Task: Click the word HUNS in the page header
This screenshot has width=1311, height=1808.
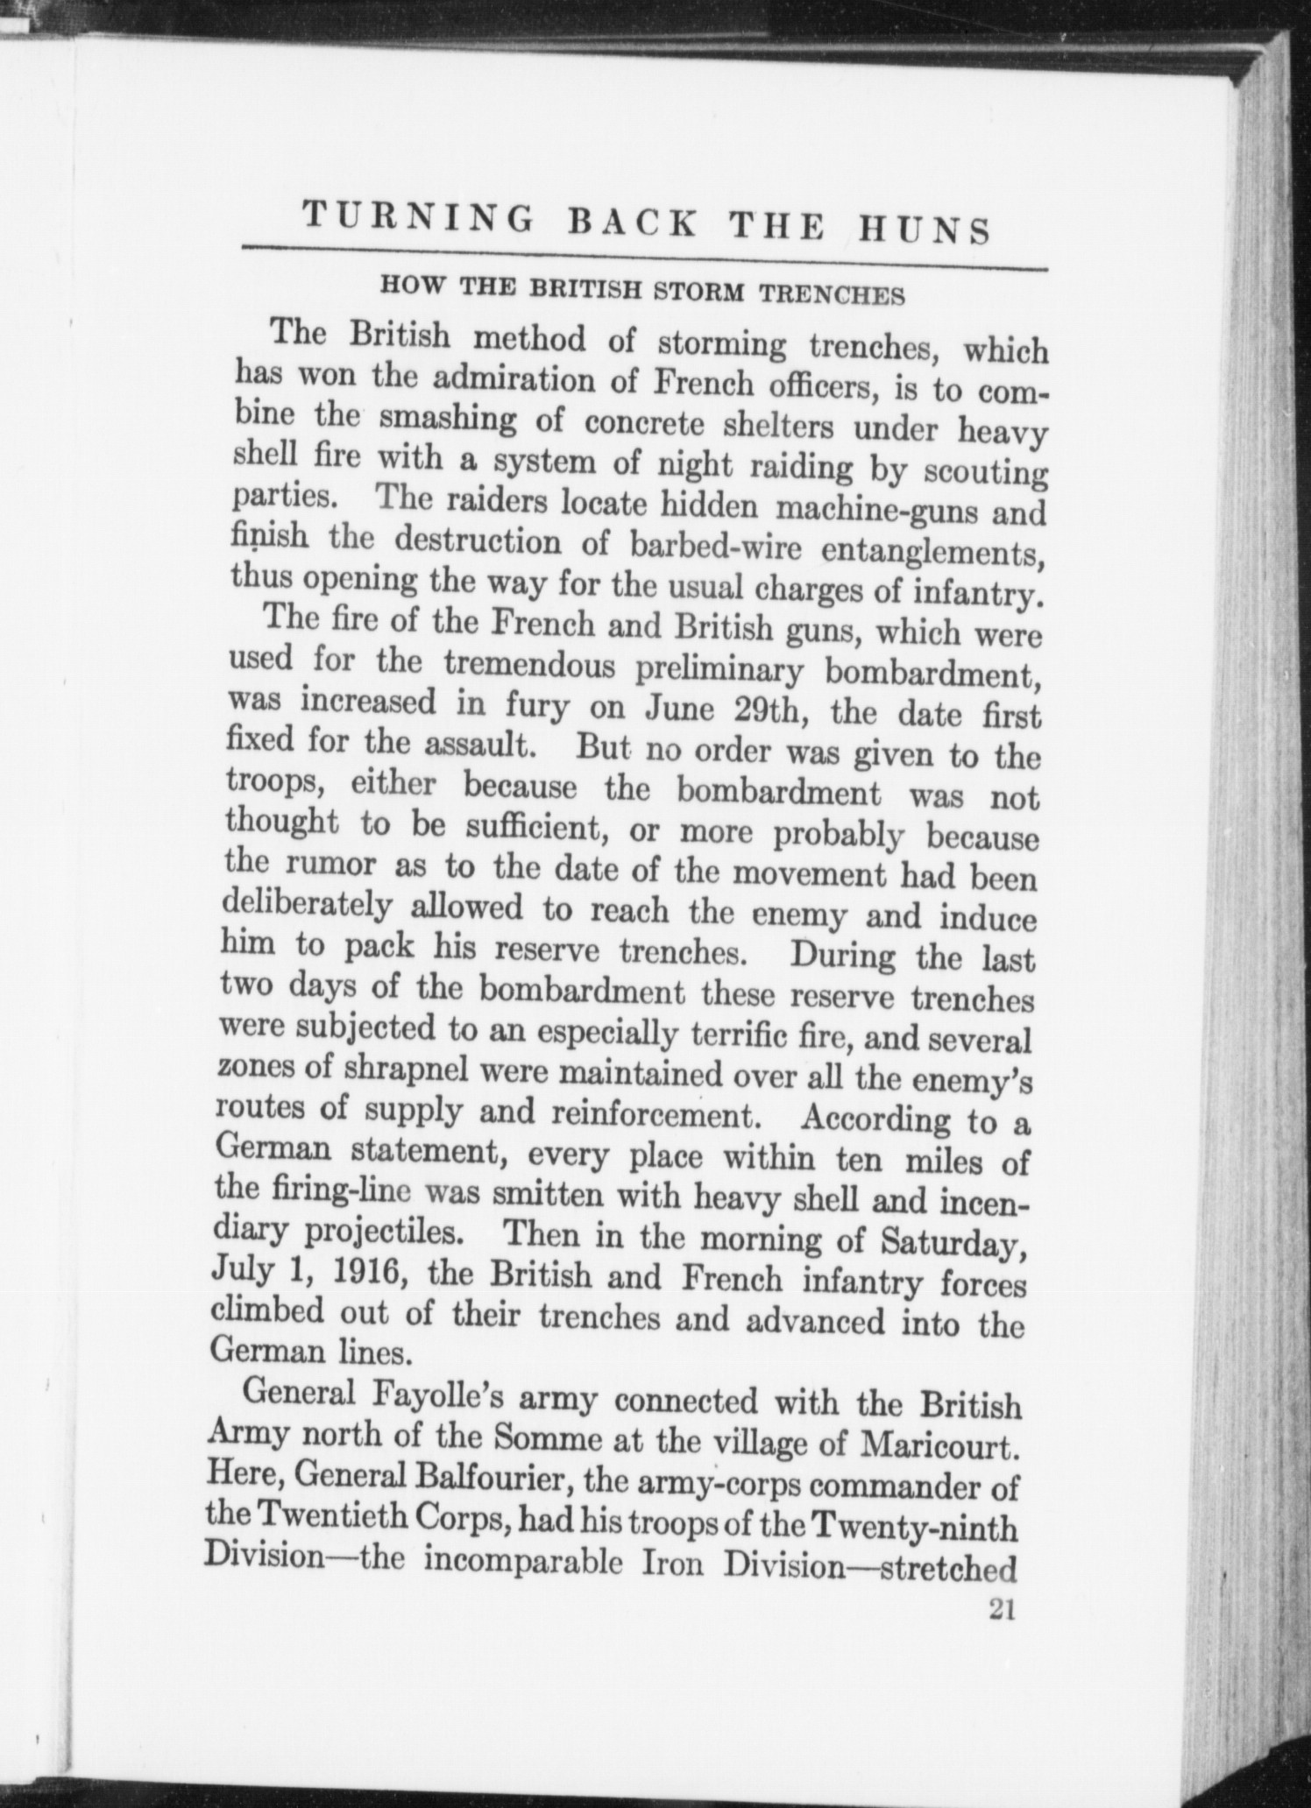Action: pyautogui.click(x=922, y=230)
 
